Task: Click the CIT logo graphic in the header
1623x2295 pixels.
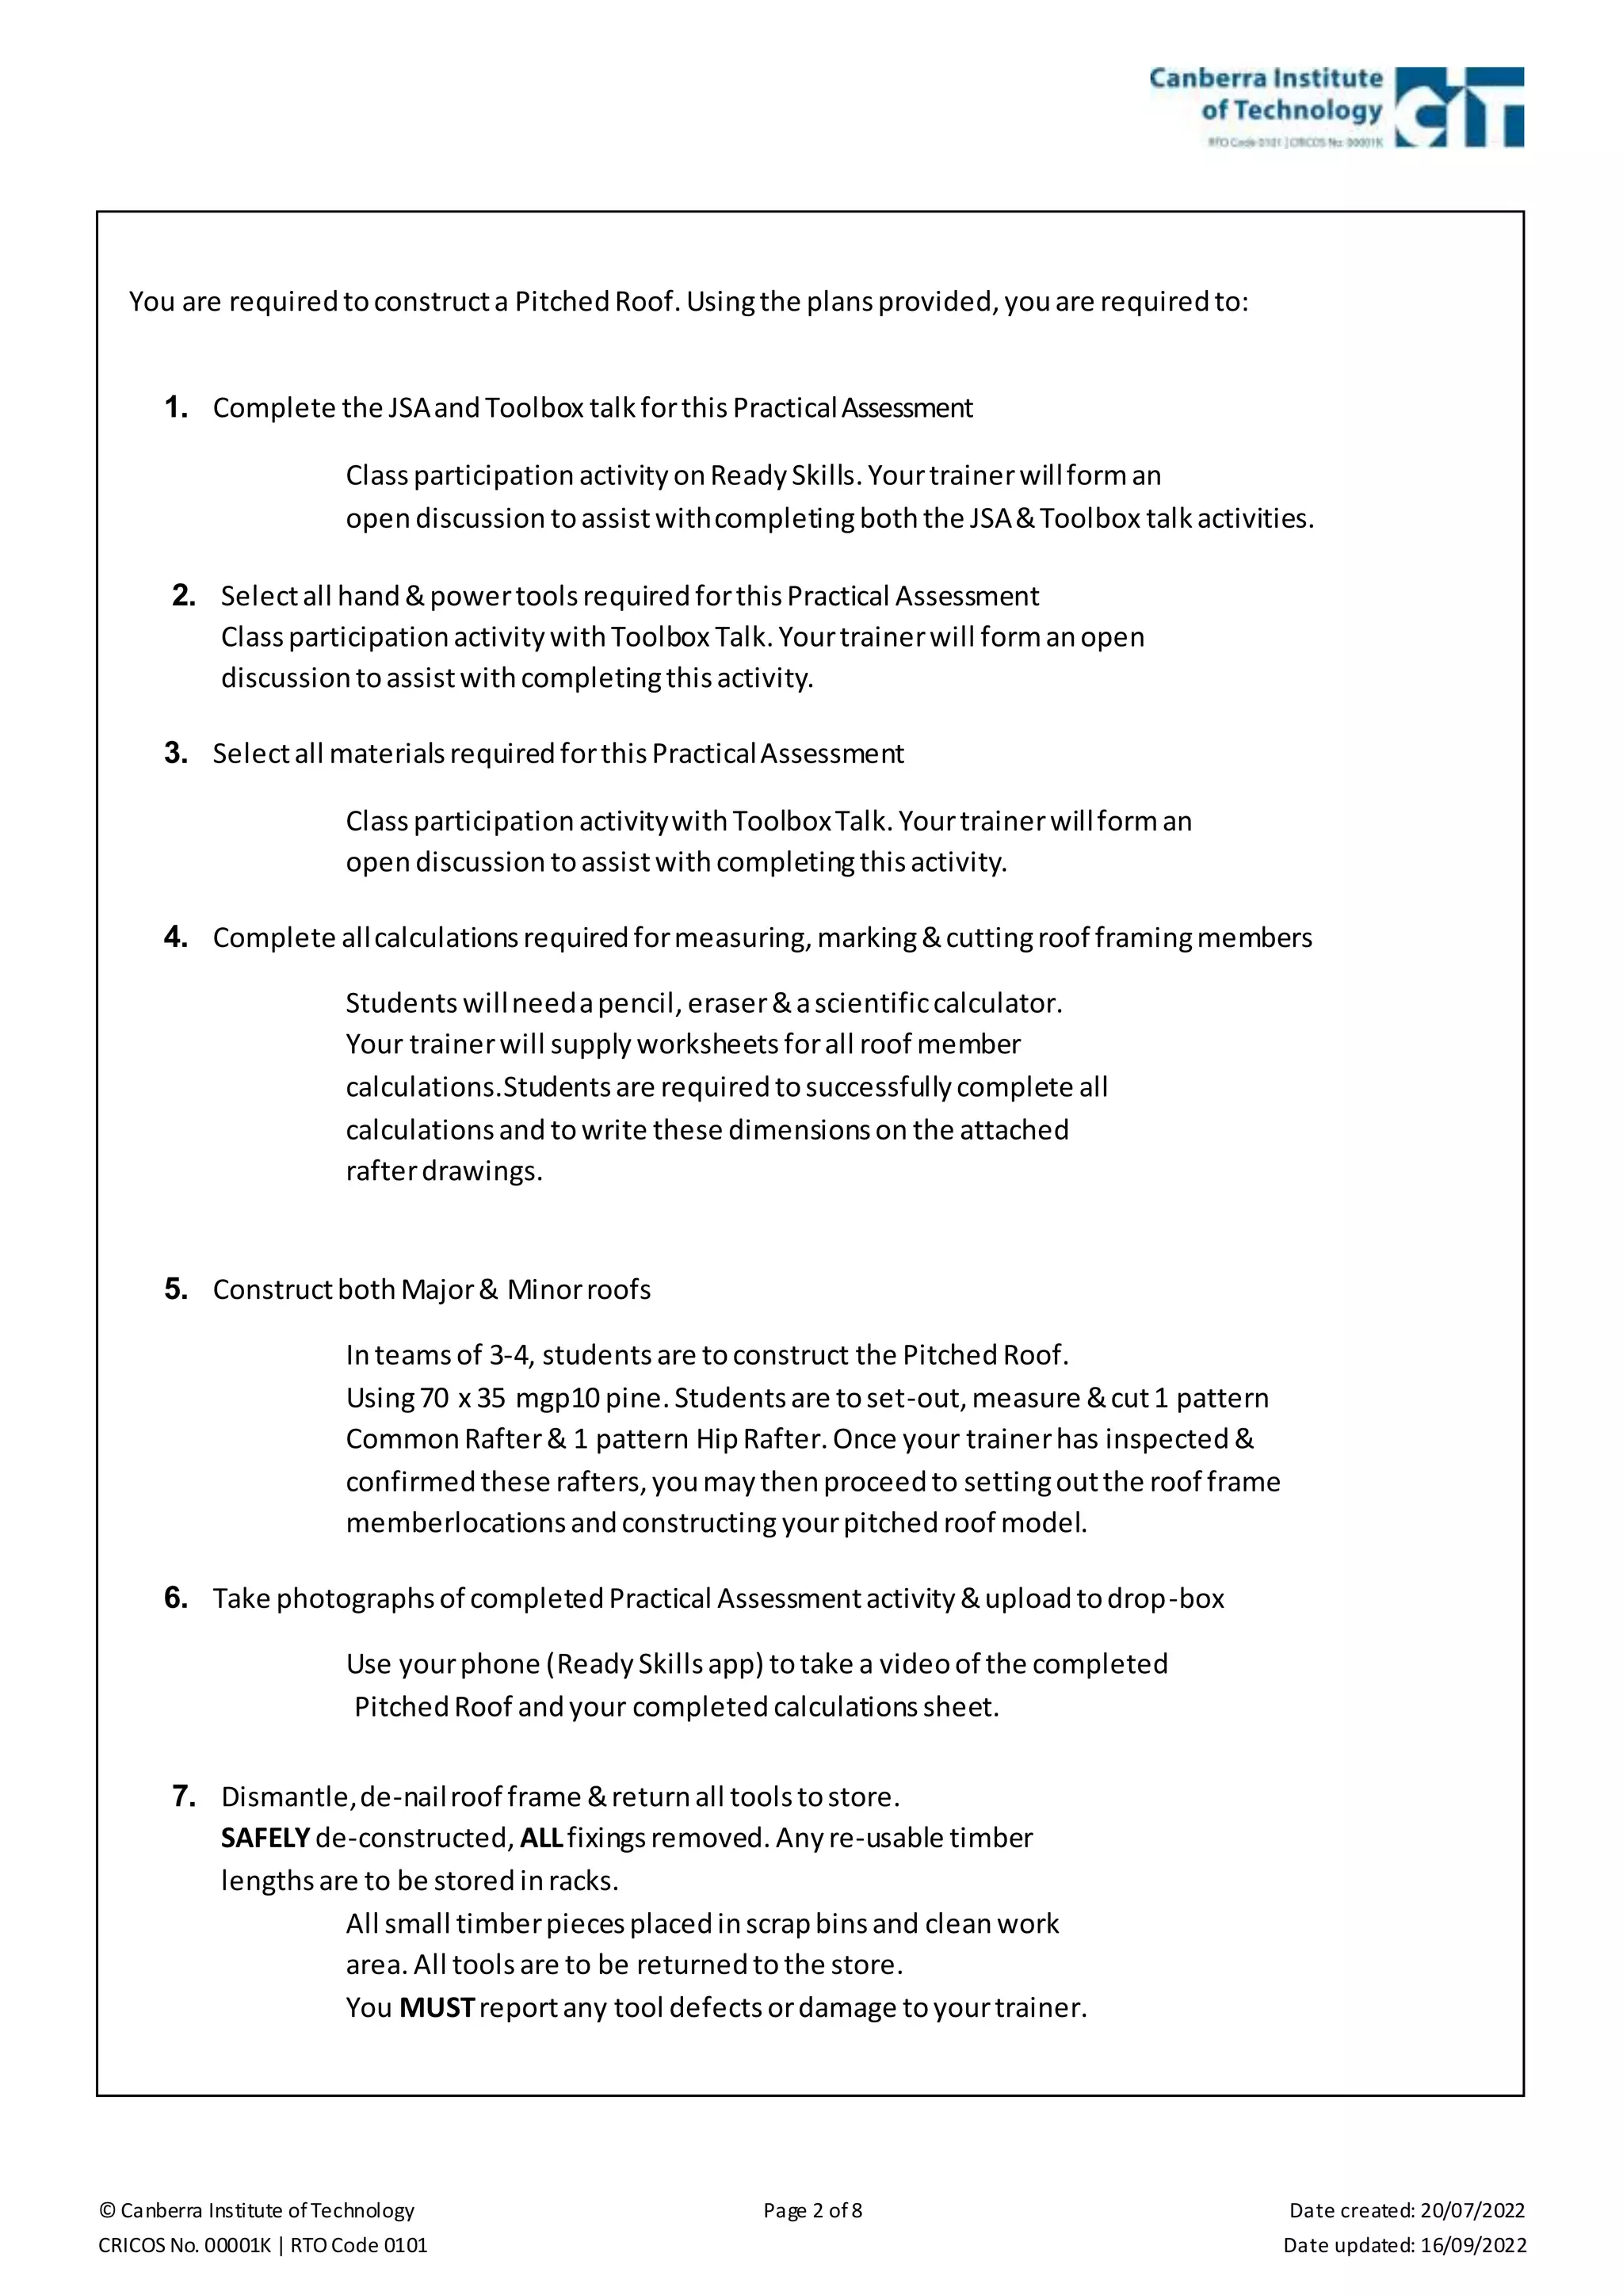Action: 1458,107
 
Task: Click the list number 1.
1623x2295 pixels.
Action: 176,408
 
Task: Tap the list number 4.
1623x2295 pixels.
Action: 176,937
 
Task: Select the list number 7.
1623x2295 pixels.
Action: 184,1797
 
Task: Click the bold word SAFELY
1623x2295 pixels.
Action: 265,1839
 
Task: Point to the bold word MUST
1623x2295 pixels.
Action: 436,2008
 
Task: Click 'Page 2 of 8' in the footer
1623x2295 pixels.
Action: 811,2210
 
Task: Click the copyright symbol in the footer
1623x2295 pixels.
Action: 107,2210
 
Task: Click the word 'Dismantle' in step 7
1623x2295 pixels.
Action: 285,1797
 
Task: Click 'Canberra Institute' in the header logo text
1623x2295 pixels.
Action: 1266,78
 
